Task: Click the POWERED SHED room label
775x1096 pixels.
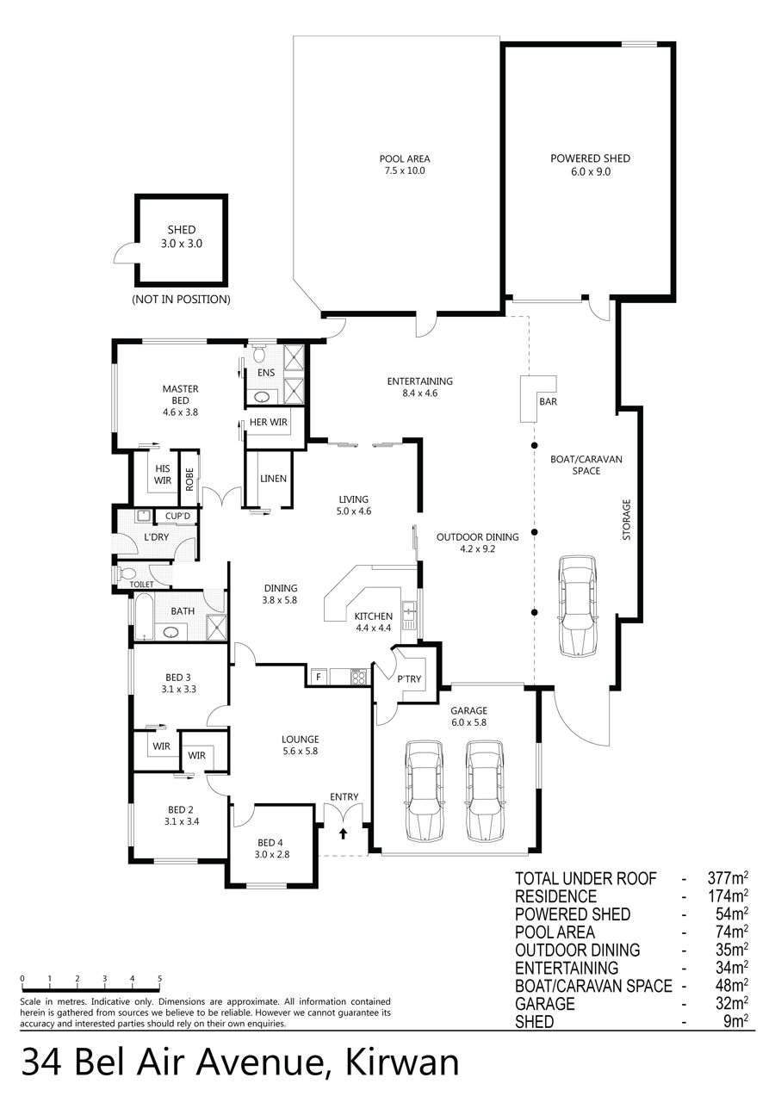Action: click(x=590, y=158)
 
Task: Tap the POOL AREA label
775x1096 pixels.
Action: click(x=405, y=159)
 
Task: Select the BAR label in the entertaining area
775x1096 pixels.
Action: click(x=548, y=401)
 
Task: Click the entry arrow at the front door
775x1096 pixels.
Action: click(x=344, y=833)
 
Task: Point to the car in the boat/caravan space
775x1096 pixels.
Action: click(x=578, y=606)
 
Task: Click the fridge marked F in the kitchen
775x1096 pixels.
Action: click(x=319, y=678)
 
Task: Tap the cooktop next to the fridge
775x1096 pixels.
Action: click(x=359, y=678)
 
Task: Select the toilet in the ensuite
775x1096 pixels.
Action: click(x=258, y=352)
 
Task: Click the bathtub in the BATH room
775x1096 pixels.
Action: click(x=144, y=616)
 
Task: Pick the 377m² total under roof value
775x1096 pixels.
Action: click(x=728, y=878)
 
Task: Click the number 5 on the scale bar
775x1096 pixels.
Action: click(x=160, y=979)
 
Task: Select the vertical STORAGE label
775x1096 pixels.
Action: click(x=627, y=520)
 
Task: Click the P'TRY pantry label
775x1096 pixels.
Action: click(x=409, y=679)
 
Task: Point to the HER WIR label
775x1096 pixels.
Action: click(x=269, y=422)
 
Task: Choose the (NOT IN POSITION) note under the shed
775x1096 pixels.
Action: click(x=181, y=299)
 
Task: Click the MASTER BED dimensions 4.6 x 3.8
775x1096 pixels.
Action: click(x=181, y=412)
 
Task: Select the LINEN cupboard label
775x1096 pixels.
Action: click(x=274, y=479)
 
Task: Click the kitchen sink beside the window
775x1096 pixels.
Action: click(x=409, y=615)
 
